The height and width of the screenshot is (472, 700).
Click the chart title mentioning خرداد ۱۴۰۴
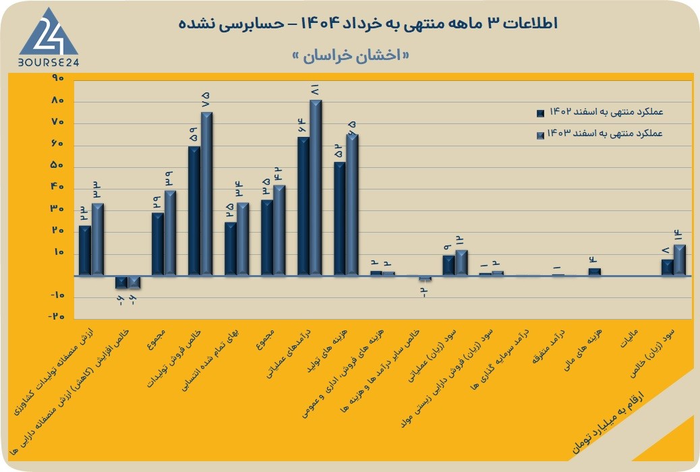[368, 24]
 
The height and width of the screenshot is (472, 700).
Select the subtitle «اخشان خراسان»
[350, 56]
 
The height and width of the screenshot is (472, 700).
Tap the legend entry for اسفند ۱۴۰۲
[600, 112]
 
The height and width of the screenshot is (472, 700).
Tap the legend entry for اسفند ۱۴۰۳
[600, 134]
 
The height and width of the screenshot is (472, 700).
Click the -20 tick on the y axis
[56, 316]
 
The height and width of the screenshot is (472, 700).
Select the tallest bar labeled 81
[316, 187]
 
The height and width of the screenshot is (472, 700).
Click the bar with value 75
[206, 194]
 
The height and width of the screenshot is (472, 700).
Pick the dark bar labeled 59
[194, 211]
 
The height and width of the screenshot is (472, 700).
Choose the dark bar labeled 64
[303, 206]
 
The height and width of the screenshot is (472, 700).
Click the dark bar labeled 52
[340, 218]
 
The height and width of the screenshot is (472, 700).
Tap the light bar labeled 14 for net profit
[680, 260]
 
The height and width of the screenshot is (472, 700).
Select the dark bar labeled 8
[667, 268]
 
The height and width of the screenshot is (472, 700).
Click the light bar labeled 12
[461, 262]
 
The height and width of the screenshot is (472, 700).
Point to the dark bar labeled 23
[85, 251]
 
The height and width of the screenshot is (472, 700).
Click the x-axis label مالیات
[629, 338]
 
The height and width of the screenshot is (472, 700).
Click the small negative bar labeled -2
[425, 278]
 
